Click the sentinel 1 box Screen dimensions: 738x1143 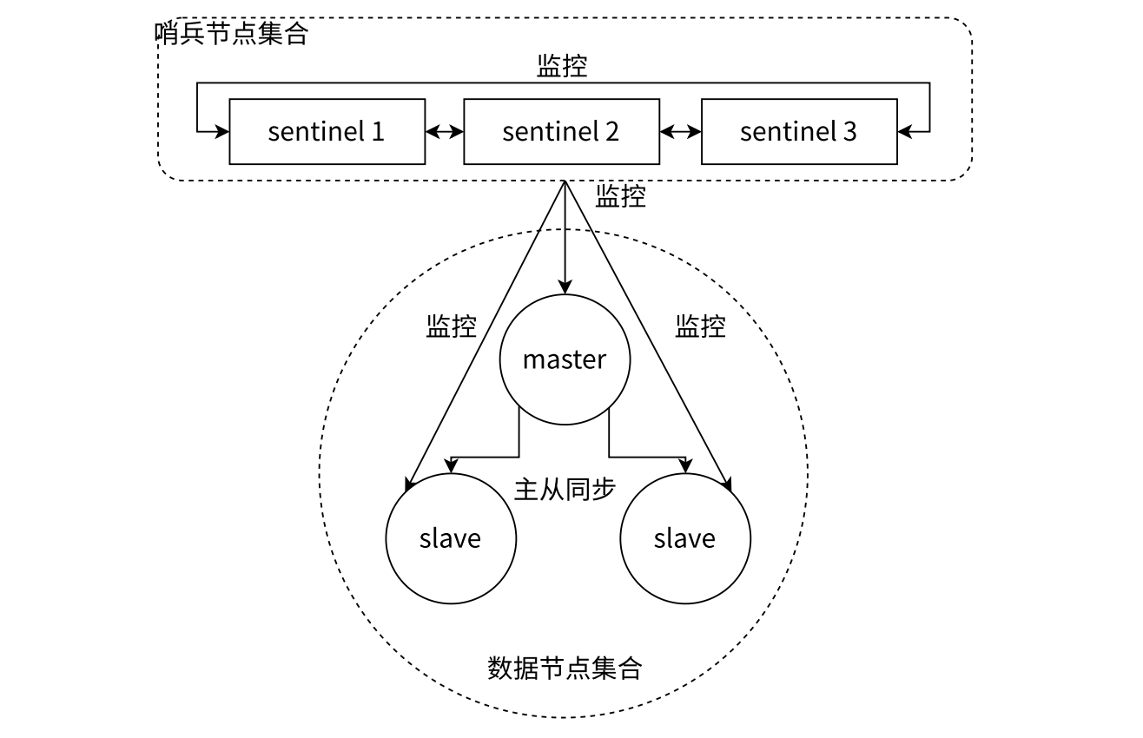click(327, 131)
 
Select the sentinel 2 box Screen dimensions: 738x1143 click(561, 131)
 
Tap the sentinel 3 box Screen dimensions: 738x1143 click(798, 131)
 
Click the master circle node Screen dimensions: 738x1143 click(565, 359)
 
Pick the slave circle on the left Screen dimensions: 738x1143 click(451, 538)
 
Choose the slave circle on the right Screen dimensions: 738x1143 click(685, 538)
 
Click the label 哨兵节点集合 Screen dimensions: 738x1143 click(231, 34)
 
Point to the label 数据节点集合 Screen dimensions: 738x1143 click(565, 668)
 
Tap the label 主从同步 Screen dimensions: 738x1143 click(565, 490)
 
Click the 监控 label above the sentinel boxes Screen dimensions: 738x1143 click(562, 67)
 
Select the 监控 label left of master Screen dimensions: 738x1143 click(451, 326)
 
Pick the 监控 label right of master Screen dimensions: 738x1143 click(700, 326)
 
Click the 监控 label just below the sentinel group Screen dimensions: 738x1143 click(620, 196)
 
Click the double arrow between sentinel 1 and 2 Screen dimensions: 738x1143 click(445, 132)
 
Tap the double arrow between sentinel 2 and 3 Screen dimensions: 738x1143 click(680, 132)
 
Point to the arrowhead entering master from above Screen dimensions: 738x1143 click(565, 287)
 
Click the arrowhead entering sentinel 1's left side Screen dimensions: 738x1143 click(222, 132)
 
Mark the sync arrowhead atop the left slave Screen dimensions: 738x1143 click(452, 466)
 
